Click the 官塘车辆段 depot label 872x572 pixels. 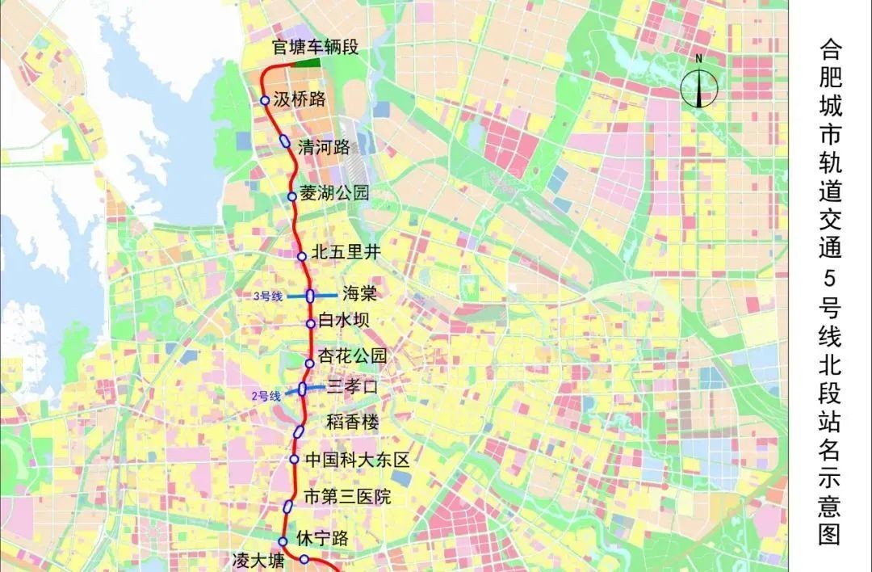[x=314, y=48]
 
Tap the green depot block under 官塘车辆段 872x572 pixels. [x=306, y=61]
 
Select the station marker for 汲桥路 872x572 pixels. [x=265, y=100]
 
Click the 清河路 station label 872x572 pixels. [x=324, y=147]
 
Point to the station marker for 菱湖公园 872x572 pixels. [x=292, y=196]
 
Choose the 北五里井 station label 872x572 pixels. [x=345, y=252]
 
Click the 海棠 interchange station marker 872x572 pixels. [x=310, y=296]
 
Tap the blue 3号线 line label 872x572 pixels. [x=267, y=297]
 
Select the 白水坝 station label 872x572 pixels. [x=343, y=321]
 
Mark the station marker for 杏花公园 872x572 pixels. [x=309, y=364]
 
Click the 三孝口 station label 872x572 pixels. [x=352, y=387]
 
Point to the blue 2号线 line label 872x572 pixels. [x=266, y=396]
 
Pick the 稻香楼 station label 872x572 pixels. [x=351, y=422]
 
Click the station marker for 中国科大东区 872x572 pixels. [x=295, y=460]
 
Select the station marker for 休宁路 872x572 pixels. [x=283, y=541]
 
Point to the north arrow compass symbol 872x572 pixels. [x=699, y=83]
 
